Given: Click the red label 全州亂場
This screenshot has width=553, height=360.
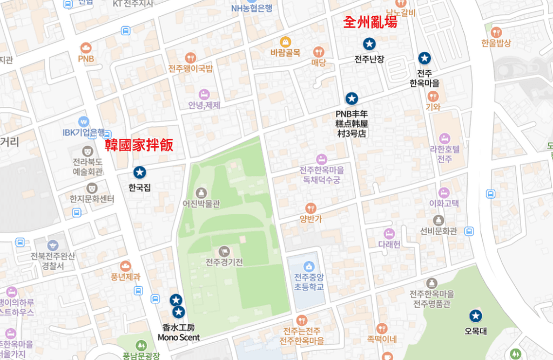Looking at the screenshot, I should click(370, 23).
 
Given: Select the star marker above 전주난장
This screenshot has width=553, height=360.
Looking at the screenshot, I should click(369, 44).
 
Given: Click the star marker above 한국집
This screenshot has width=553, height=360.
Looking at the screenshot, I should click(140, 172).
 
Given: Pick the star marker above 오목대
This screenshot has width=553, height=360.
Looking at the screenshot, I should click(475, 316).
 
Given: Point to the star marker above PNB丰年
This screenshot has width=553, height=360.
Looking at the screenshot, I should click(352, 98).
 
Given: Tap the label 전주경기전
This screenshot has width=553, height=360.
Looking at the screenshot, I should click(224, 263).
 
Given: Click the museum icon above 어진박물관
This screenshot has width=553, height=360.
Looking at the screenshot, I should click(201, 192).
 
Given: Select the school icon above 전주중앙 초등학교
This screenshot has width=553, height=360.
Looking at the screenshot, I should click(308, 266).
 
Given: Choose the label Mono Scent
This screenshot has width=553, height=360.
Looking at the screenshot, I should click(179, 337).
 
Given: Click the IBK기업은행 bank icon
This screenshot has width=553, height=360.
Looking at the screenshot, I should click(83, 121).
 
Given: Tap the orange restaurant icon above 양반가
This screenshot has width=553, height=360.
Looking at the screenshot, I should click(311, 208).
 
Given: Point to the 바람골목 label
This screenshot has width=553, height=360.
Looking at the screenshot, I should click(285, 53).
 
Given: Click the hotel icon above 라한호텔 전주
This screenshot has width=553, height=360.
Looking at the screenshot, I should click(444, 138).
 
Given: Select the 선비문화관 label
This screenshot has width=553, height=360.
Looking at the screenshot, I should click(439, 232).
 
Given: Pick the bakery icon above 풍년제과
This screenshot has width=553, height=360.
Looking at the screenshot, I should click(125, 266).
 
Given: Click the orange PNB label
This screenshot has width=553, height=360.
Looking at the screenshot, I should click(86, 58).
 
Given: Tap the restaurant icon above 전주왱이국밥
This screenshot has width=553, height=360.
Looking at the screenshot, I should click(190, 57).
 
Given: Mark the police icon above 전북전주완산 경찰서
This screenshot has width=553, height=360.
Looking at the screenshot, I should click(52, 245).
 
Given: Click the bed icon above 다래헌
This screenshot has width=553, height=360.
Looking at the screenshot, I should click(389, 233).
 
